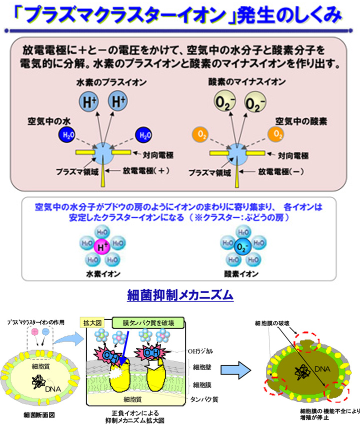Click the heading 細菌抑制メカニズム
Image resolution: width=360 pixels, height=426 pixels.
coord(180,295)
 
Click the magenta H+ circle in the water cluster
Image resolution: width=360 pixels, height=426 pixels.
coord(102,245)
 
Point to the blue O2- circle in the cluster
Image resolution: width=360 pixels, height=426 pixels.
coord(242,246)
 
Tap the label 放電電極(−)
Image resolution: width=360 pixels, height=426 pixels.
coord(281,170)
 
